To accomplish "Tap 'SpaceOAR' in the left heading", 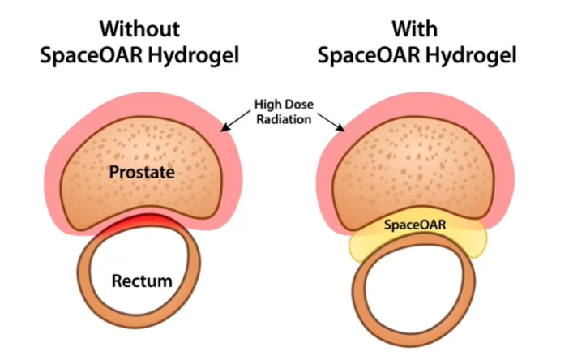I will (x=96, y=58).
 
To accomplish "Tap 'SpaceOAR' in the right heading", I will (x=370, y=58).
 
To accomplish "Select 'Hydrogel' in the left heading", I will (x=194, y=59).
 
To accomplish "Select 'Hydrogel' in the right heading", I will (x=466, y=59).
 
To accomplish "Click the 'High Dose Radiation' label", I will (x=284, y=110).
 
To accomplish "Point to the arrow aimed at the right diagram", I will (x=332, y=121).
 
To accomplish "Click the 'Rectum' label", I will (x=142, y=281).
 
